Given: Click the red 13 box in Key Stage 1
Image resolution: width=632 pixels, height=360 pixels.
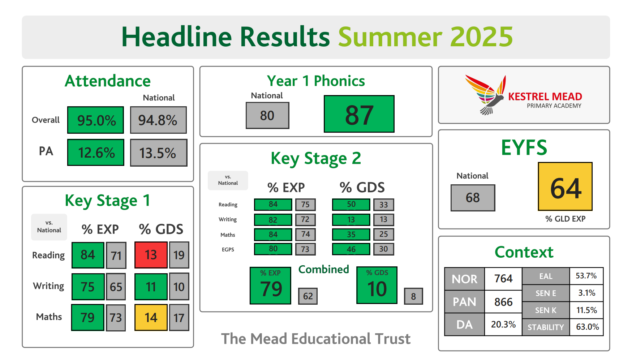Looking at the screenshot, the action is (x=151, y=255).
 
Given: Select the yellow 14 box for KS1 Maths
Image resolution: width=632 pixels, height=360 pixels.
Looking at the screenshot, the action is (x=151, y=317).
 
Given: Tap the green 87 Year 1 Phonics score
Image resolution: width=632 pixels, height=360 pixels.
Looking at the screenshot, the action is (x=359, y=114).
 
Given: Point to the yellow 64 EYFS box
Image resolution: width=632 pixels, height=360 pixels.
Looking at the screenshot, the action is (x=565, y=187).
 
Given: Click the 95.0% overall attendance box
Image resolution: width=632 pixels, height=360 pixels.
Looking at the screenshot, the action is (x=96, y=120).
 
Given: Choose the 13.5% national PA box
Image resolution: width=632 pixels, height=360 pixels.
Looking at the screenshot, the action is (x=159, y=153).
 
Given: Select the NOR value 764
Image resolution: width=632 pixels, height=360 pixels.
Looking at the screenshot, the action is (x=503, y=279).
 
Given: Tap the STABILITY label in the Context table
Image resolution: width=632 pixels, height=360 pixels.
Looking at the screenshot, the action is (x=546, y=327).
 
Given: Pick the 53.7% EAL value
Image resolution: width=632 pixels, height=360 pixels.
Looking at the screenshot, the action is (x=586, y=276).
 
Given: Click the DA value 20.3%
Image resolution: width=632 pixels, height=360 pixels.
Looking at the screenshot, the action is (x=503, y=324).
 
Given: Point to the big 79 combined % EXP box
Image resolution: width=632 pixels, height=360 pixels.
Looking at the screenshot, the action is (x=271, y=286).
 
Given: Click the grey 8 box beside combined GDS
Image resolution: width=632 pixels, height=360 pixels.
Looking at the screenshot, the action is (x=413, y=296).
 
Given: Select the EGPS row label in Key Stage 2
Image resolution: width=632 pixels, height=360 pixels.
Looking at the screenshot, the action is (x=228, y=249).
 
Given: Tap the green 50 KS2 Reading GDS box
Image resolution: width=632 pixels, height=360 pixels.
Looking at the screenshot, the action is (x=351, y=205).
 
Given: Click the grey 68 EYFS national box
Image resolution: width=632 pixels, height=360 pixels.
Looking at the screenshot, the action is (x=473, y=198).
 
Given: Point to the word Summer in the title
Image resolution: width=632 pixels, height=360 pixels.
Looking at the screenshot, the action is (x=390, y=37).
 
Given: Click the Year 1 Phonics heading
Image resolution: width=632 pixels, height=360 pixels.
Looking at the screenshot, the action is (x=316, y=81).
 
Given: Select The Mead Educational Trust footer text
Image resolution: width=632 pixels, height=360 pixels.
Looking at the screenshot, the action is (x=316, y=339).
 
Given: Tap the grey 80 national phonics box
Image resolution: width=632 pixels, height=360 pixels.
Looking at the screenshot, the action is (x=267, y=115).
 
